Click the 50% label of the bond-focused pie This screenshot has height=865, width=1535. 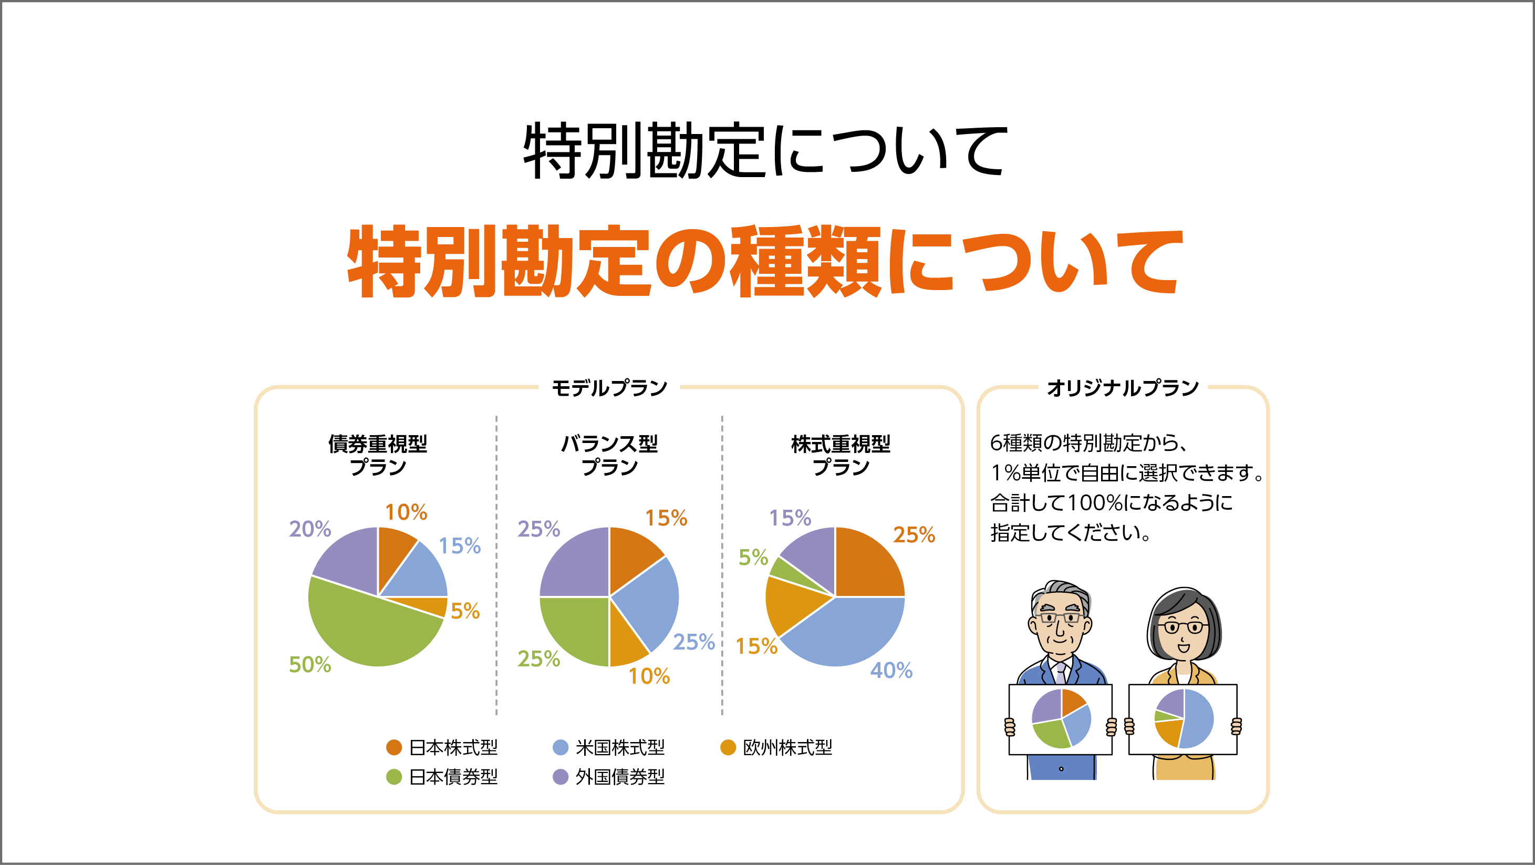pyautogui.click(x=310, y=664)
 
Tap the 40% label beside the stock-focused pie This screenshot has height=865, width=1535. pyautogui.click(x=891, y=670)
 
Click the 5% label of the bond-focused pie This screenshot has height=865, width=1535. pyautogui.click(x=465, y=611)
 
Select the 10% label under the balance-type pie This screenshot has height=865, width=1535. pyautogui.click(x=649, y=676)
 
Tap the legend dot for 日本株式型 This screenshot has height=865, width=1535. pyautogui.click(x=394, y=747)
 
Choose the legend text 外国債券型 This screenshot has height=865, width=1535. pyautogui.click(x=620, y=777)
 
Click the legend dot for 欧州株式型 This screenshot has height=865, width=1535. pyautogui.click(x=728, y=747)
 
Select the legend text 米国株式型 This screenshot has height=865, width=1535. pyautogui.click(x=620, y=747)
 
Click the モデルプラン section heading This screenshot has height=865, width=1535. pyautogui.click(x=609, y=388)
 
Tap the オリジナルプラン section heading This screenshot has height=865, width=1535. pyautogui.click(x=1123, y=388)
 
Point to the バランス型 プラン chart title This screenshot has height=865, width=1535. pyautogui.click(x=609, y=455)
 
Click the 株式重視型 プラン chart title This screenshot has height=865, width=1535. pyautogui.click(x=840, y=455)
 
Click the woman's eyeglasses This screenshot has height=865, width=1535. pyautogui.click(x=1183, y=627)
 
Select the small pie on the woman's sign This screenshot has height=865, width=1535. pyautogui.click(x=1184, y=718)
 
